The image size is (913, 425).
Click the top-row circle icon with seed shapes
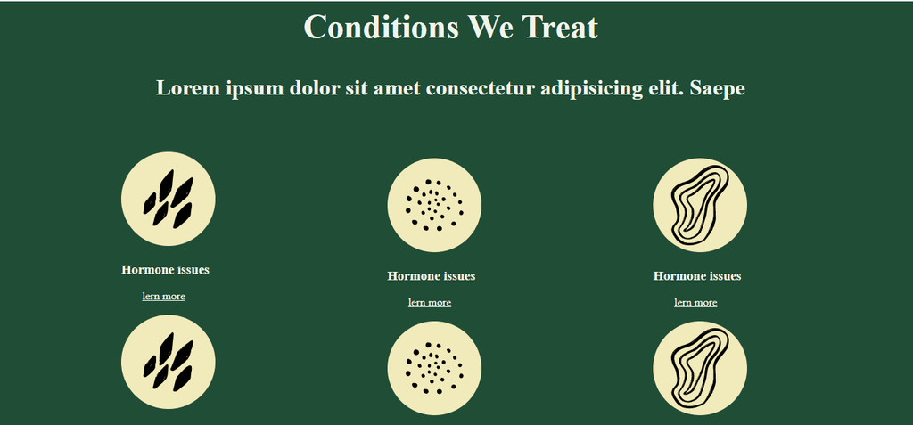click(x=169, y=199)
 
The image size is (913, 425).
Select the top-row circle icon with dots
click(x=434, y=205)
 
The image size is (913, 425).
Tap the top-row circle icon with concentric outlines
click(x=700, y=205)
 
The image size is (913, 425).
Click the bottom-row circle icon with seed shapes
click(x=169, y=362)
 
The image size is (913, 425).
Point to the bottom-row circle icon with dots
click(x=434, y=368)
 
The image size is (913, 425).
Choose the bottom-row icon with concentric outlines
click(x=700, y=368)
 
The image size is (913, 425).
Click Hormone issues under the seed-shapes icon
click(x=165, y=270)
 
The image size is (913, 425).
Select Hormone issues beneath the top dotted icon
click(x=432, y=276)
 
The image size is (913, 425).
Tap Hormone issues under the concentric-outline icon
click(x=697, y=276)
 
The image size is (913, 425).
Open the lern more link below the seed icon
click(x=164, y=297)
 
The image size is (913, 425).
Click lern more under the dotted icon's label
click(x=430, y=303)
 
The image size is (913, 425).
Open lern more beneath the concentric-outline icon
click(x=695, y=303)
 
